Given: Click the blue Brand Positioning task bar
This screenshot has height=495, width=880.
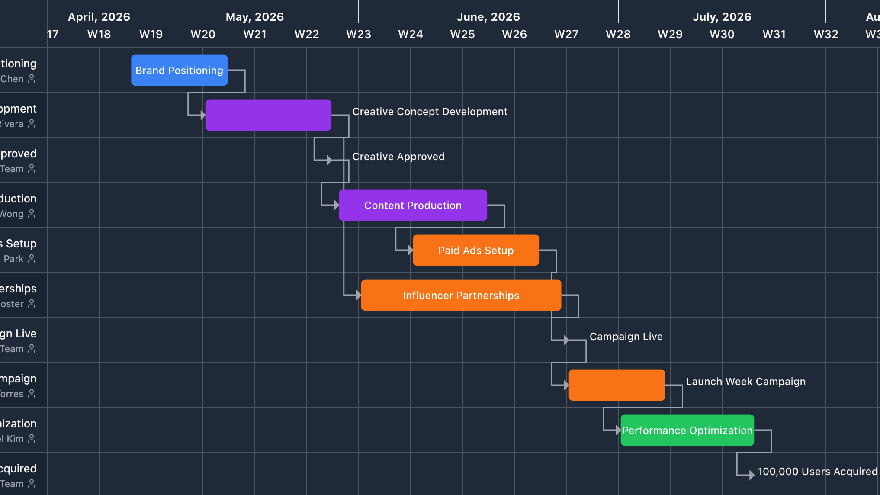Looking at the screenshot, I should tap(179, 70).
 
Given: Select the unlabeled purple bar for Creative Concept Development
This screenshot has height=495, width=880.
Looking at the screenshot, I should tap(268, 115).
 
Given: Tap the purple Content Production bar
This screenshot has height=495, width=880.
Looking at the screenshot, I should tap(413, 205).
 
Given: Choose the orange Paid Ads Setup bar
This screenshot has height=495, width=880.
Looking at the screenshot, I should tap(476, 250).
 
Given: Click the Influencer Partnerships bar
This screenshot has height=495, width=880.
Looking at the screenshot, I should tap(461, 295).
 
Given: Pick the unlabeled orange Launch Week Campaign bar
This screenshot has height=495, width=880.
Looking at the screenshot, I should tap(617, 385).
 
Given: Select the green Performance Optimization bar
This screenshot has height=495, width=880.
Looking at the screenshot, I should tap(687, 430).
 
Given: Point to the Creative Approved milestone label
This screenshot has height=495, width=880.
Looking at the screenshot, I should tap(398, 157).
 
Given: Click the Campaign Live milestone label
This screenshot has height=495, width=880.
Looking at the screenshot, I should tap(626, 337).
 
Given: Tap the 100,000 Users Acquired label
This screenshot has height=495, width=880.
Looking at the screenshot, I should tap(817, 472).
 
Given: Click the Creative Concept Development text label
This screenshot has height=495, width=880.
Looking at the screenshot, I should tap(430, 112).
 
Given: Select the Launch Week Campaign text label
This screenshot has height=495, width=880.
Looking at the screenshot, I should tap(745, 382).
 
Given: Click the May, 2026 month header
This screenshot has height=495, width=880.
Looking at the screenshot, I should tap(255, 17).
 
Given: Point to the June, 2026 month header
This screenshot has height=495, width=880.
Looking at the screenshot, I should tap(488, 17).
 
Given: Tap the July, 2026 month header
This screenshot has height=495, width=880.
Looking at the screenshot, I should tap(722, 17).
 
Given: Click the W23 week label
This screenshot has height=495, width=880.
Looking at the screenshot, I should tap(359, 34).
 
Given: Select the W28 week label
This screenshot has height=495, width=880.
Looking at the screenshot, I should tap(618, 34).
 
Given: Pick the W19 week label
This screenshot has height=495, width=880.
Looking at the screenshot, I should tap(151, 34).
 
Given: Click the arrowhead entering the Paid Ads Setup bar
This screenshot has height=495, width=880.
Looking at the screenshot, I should tap(411, 250).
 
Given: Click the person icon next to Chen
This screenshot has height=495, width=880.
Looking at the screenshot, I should tap(32, 79).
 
